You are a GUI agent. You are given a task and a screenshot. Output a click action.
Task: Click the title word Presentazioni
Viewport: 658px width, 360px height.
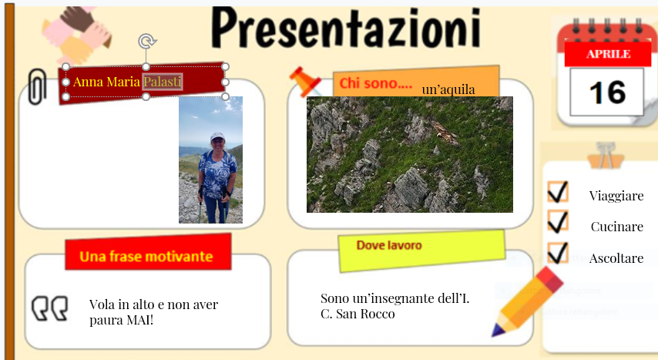click(345, 29)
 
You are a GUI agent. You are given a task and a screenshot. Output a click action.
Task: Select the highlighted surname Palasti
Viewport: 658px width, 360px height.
click(163, 81)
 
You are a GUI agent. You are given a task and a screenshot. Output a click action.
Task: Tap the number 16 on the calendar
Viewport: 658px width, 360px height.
click(606, 93)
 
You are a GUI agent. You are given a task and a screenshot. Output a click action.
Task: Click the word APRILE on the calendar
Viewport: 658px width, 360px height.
click(608, 54)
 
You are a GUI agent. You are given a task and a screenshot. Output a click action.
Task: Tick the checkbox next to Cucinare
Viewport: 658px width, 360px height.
click(558, 223)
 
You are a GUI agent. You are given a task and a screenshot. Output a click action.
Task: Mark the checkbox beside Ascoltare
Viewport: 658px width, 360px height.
click(558, 254)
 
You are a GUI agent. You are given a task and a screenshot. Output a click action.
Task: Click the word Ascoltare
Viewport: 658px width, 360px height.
click(616, 258)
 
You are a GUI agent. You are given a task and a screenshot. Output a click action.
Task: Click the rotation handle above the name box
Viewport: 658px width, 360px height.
click(146, 41)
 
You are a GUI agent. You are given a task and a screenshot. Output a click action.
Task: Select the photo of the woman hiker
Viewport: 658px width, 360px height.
click(210, 160)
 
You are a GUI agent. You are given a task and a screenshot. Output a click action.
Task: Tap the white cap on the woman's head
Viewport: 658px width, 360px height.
click(217, 136)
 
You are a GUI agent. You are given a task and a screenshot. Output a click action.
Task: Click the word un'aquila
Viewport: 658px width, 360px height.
click(448, 90)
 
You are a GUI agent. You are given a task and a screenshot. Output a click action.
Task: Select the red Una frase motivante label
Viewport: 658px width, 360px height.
click(146, 256)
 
